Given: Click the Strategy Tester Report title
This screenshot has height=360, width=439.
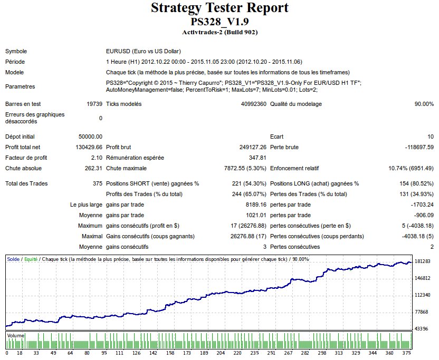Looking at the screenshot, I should coord(219,8).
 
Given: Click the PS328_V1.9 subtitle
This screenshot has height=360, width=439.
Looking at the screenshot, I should coord(219,22).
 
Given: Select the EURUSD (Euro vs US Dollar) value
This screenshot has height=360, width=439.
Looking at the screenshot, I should coord(144,52).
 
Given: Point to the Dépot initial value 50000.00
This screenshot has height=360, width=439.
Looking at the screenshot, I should coord(90,137).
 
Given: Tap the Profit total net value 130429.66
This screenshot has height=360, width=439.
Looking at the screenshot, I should coord(89,147).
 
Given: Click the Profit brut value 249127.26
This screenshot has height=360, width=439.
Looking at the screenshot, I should coord(253,147).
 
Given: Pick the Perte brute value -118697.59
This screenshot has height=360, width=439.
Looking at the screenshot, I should coord(416,147).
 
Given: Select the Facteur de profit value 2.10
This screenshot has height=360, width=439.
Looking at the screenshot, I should coord(97,158).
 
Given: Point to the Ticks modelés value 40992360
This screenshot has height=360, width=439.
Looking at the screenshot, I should coord(253,104).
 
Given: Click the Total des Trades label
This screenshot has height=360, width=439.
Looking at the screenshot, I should coord(26,183).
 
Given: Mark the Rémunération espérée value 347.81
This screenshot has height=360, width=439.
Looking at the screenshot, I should coord(257,158).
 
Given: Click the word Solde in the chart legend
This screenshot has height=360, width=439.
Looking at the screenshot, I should coord(13,259).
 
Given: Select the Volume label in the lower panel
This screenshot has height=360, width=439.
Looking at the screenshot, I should coord(15,335).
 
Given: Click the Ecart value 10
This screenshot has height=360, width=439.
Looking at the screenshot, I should coord(430,137).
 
